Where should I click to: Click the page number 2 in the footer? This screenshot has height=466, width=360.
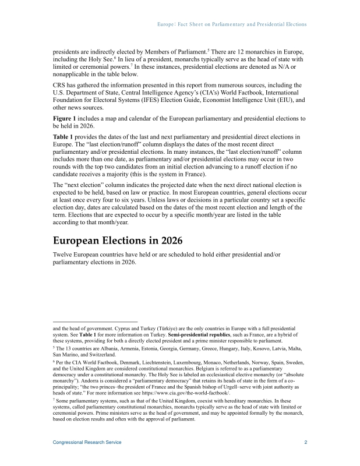coord(306,443)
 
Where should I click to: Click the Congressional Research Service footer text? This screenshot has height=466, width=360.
coord(87,443)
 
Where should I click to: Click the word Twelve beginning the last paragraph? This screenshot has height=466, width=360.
coord(64,256)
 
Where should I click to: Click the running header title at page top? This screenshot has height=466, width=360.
coord(232,24)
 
